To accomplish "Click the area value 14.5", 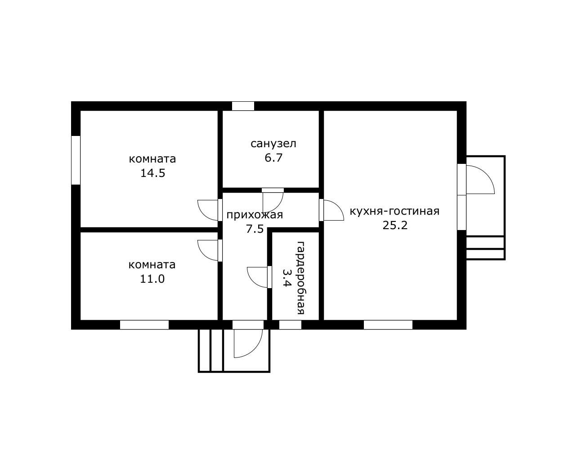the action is pos(152,173).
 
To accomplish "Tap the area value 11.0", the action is pos(152,279).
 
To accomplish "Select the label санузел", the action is pos(273,144).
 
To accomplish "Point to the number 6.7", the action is pos(273,158).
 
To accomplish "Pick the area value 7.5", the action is pos(255,229).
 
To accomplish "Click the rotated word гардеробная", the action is pos(300,278).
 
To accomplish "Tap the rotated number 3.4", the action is pos(287,278).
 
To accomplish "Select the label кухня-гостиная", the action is pos(394,211).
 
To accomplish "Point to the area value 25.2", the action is pos(395,225).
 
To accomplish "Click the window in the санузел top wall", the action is pos(243,106).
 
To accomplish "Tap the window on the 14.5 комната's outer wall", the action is pos(76,160).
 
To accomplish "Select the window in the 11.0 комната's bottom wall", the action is pos(144,325).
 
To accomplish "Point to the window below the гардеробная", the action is pos(290,325).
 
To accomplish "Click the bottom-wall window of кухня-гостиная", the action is pos(388,325).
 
